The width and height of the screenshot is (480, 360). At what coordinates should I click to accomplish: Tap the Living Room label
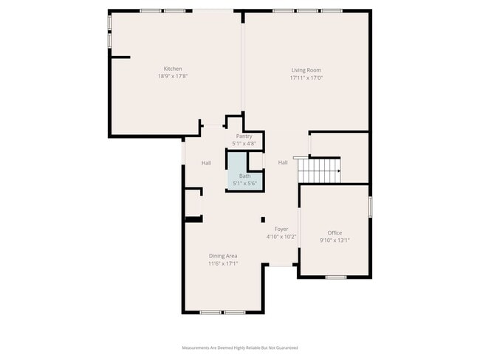[306, 70]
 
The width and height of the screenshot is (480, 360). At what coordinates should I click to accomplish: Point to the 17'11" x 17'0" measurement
[306, 77]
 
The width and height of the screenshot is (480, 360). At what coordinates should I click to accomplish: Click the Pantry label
[244, 136]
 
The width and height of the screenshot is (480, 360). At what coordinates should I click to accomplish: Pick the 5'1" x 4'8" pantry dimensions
[244, 143]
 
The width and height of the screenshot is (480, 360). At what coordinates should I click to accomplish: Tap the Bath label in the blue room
[244, 176]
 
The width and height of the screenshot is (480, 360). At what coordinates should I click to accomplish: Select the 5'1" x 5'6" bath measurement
[244, 182]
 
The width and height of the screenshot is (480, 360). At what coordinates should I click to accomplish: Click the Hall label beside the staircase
[283, 162]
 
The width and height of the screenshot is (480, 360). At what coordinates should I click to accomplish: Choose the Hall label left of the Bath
[207, 162]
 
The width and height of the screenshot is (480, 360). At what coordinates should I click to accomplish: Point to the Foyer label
[281, 229]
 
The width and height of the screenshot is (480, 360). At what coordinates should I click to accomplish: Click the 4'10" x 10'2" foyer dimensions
[281, 237]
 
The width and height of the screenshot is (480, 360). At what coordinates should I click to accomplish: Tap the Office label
[335, 233]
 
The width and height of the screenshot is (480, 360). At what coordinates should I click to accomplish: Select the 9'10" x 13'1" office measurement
[335, 240]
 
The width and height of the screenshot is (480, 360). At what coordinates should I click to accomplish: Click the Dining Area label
[223, 256]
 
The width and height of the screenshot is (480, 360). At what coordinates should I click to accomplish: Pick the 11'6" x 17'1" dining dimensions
[223, 263]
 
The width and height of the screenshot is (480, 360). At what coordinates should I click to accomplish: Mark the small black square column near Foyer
[262, 219]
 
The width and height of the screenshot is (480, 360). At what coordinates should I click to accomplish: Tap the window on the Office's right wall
[369, 207]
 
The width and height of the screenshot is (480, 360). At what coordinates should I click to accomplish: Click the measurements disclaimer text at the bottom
[240, 347]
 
